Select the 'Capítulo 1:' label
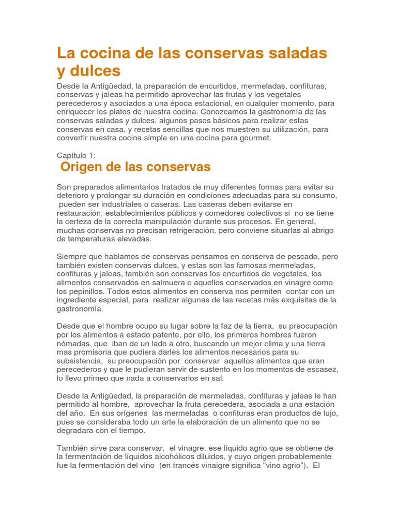coord(76,155)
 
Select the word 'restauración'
coord(80,213)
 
